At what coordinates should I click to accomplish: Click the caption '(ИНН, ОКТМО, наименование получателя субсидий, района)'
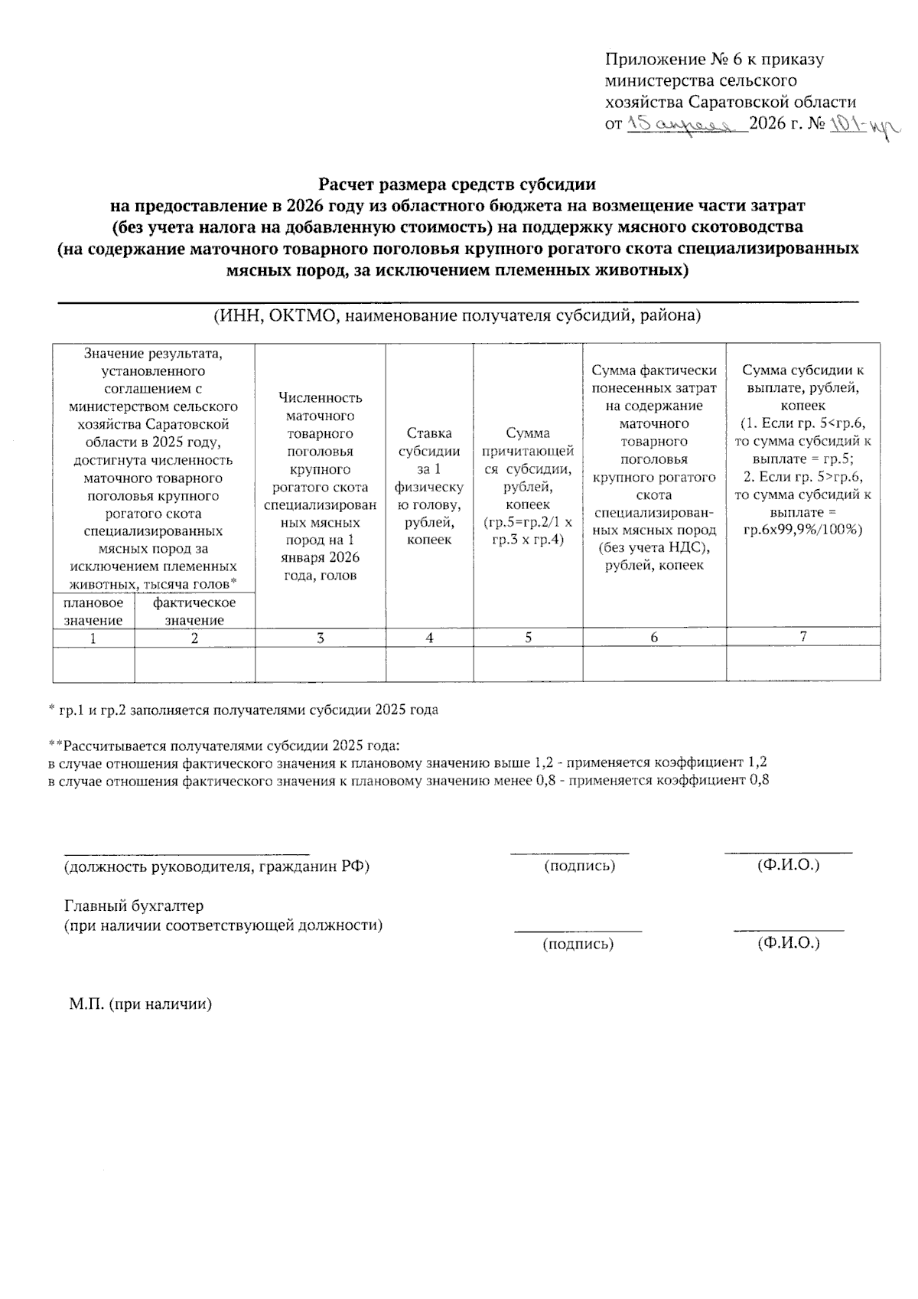point(457,315)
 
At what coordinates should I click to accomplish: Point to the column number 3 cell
point(320,638)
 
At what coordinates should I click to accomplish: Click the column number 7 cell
point(802,636)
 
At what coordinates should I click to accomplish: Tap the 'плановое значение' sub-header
point(93,612)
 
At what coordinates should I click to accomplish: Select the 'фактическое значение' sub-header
point(194,612)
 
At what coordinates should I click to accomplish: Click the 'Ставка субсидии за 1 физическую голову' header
point(429,486)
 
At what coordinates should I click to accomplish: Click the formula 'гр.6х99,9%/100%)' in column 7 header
point(802,530)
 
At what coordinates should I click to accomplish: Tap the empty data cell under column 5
point(528,664)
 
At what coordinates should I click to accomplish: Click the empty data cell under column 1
point(93,664)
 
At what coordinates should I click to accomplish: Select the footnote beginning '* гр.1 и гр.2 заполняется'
point(243,710)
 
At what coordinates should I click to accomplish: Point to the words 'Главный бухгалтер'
point(134,906)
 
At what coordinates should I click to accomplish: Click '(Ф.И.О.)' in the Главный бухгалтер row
point(788,943)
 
